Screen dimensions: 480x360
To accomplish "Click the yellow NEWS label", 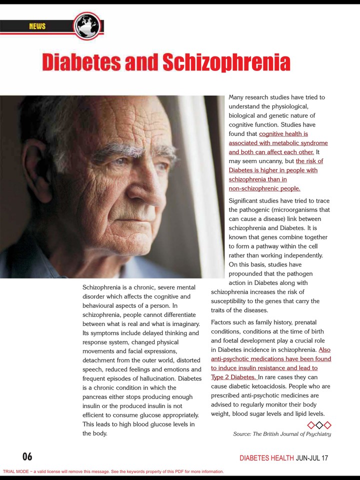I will (37, 26).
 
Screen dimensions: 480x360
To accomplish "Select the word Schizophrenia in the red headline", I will (226, 62).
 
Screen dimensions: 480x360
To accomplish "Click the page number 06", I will (27, 456).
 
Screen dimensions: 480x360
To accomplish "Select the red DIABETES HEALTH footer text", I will (266, 457).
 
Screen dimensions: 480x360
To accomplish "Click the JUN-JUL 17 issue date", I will (312, 457).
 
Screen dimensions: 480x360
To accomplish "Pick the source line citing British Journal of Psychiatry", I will (282, 434).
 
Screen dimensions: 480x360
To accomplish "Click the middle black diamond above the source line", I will (319, 425).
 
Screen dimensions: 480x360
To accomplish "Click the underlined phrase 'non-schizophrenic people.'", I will (264, 188).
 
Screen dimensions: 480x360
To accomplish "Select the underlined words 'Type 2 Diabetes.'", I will (233, 377).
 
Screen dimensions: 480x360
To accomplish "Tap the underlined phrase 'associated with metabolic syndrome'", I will (278, 143).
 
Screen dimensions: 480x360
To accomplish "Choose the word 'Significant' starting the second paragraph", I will (245, 200).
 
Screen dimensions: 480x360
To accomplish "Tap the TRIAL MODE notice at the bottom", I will (113, 471).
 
